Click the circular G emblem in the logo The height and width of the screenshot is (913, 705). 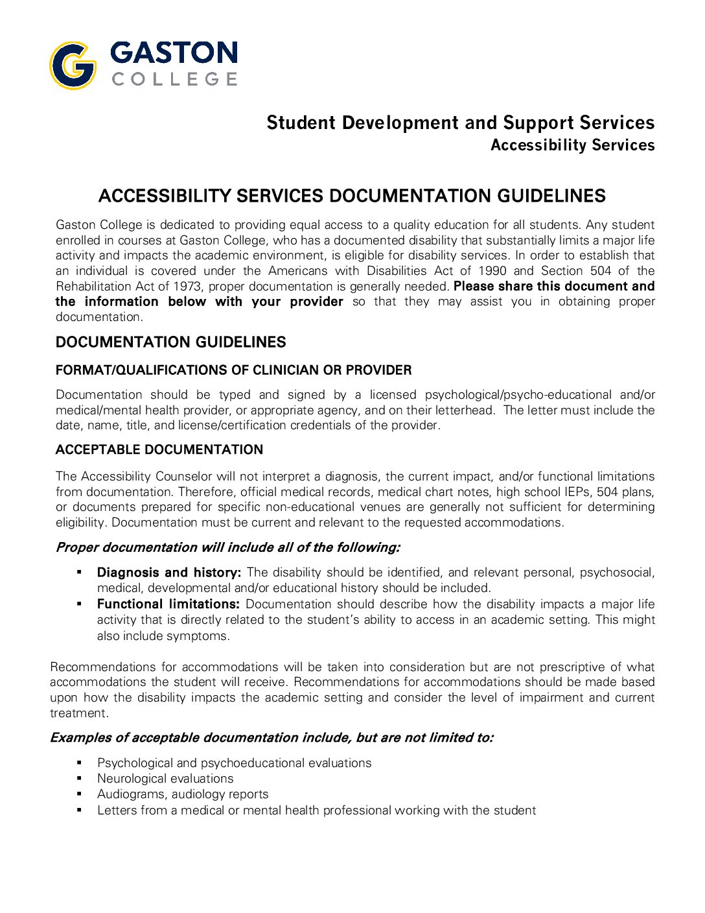(x=73, y=65)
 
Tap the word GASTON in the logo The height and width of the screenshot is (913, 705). (x=174, y=53)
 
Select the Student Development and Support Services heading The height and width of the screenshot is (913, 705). (x=460, y=123)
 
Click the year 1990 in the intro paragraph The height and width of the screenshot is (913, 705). (x=492, y=270)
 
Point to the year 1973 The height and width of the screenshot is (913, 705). (x=187, y=286)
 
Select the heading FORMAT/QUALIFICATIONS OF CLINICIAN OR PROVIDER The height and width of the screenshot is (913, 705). (x=233, y=370)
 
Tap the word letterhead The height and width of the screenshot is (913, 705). (x=467, y=410)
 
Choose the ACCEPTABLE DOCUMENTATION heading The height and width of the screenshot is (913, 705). (x=159, y=449)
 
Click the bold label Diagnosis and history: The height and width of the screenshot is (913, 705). (x=168, y=573)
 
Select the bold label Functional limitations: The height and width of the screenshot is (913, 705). (x=168, y=604)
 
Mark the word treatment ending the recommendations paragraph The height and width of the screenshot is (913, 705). (x=78, y=713)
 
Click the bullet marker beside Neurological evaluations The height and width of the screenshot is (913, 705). (x=79, y=778)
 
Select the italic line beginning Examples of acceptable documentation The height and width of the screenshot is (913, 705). (x=272, y=738)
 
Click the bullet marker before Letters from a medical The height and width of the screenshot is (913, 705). (x=79, y=810)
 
